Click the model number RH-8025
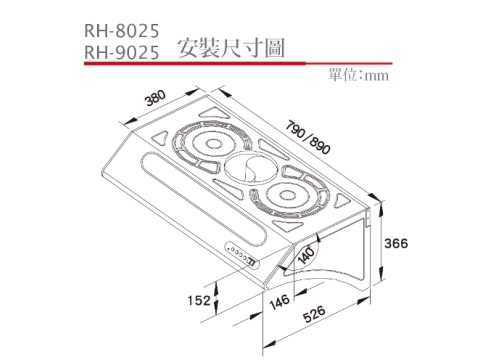[122, 31]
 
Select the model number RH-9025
[122, 52]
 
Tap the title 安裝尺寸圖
[231, 49]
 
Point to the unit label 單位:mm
[358, 75]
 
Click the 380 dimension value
[156, 97]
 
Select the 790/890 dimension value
[308, 138]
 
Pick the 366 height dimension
[396, 243]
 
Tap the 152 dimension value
[199, 300]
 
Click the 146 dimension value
[279, 302]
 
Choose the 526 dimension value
[314, 314]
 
